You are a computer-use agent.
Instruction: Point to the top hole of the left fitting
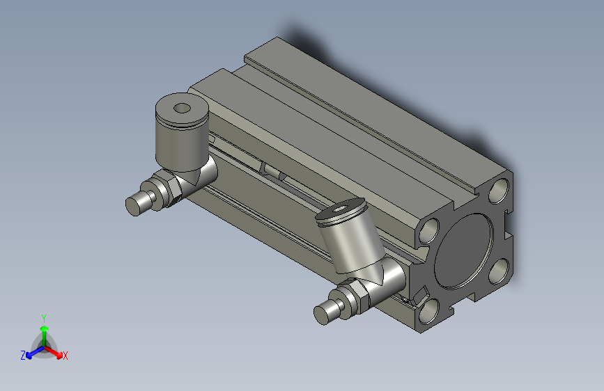(x=183, y=108)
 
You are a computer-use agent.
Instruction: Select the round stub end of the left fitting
(x=134, y=205)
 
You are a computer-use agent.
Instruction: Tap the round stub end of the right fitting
(x=323, y=314)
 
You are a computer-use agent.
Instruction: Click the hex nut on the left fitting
(x=169, y=189)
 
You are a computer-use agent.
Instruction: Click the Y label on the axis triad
(x=43, y=317)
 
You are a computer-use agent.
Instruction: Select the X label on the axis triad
(x=65, y=356)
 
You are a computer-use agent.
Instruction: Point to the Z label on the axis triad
(x=23, y=356)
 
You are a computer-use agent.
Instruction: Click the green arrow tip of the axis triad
(x=43, y=327)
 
